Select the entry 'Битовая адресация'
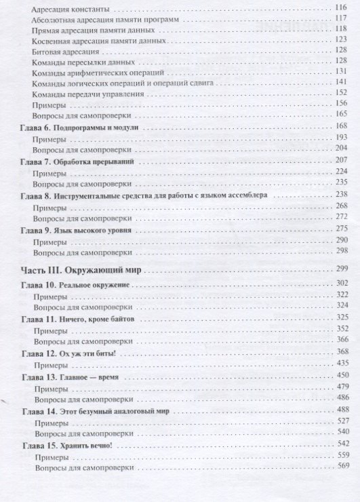pos(65,52)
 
